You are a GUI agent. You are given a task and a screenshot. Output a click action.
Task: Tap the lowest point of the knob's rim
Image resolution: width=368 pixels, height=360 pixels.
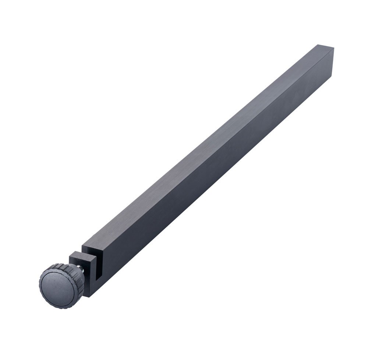pyautogui.click(x=59, y=308)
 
